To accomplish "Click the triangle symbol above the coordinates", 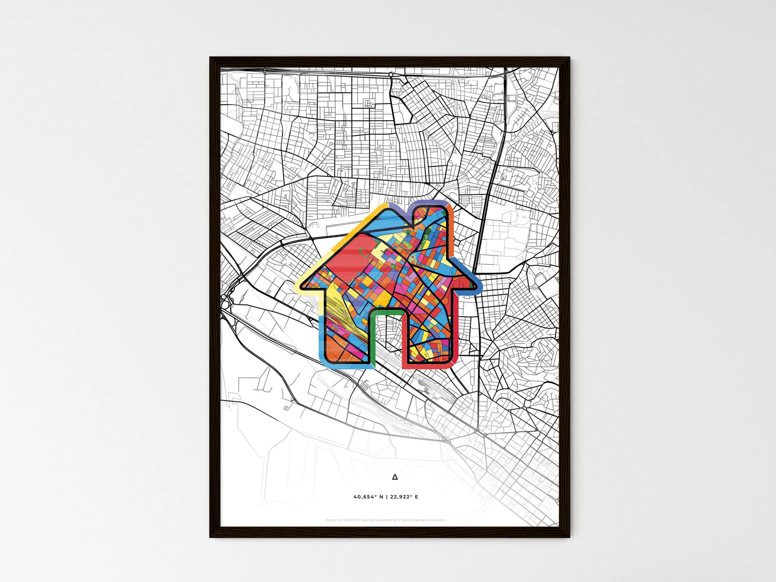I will tap(395, 476).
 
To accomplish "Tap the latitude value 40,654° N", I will tap(368, 497).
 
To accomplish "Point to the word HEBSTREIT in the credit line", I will tap(351, 520).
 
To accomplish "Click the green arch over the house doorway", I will tap(386, 311).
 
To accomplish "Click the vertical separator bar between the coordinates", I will tap(386, 497).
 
